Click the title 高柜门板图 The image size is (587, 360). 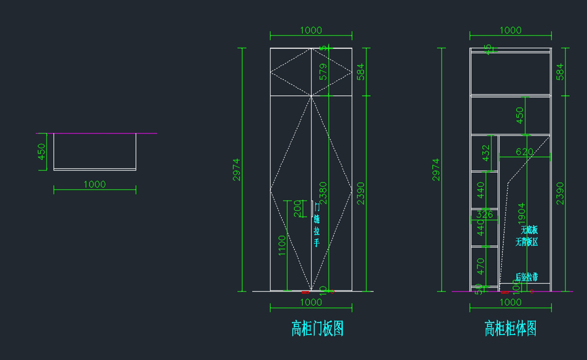tap(317, 329)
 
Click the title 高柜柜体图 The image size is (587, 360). tap(510, 329)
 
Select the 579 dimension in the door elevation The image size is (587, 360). tap(323, 71)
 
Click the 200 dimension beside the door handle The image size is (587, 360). tap(297, 208)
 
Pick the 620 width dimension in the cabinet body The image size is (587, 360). tap(524, 152)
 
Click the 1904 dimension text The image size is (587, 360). tap(521, 214)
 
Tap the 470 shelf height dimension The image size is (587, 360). tap(481, 267)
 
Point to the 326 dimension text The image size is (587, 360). tap(484, 214)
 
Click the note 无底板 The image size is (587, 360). tap(529, 230)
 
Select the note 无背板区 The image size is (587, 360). tap(526, 242)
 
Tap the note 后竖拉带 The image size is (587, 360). tap(526, 277)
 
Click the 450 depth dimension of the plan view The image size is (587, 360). tap(42, 151)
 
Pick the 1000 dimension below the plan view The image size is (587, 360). tap(94, 184)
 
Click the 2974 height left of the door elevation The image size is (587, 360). tap(237, 169)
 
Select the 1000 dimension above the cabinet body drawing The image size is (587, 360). tap(510, 30)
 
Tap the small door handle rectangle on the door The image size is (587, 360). tap(312, 208)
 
